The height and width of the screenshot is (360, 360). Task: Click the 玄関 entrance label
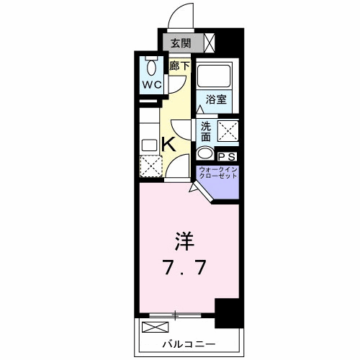point(181,42)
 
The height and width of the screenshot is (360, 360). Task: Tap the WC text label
point(151,84)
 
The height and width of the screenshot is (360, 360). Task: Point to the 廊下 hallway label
point(179,66)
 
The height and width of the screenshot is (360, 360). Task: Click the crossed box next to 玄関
point(209,42)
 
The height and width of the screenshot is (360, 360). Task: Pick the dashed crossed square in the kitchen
point(151,166)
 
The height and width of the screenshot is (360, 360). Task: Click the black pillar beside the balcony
point(228,312)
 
